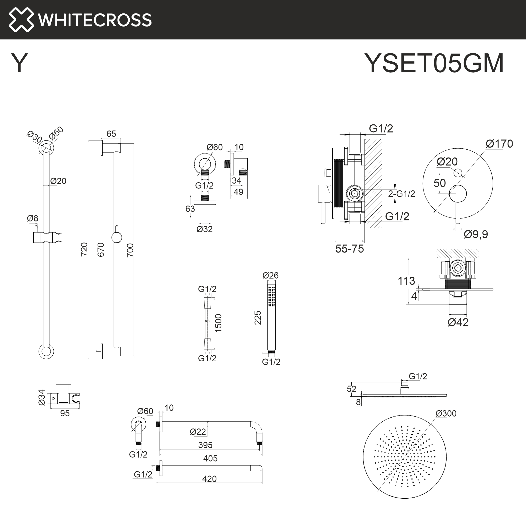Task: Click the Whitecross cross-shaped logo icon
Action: (x=21, y=20)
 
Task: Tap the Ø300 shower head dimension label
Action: (x=446, y=413)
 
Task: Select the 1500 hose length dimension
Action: (x=218, y=323)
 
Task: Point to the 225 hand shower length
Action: (x=257, y=317)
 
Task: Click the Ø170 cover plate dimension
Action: (x=499, y=144)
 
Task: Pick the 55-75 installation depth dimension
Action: (x=349, y=249)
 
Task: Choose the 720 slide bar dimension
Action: (x=84, y=249)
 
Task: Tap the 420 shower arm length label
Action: (x=209, y=479)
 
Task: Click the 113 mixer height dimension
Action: (x=406, y=281)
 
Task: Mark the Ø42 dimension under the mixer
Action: (x=458, y=322)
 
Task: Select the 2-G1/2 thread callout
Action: (x=401, y=194)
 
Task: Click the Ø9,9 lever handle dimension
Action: (x=476, y=234)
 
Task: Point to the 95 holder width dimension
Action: (x=65, y=413)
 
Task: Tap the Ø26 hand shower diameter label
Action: (x=270, y=275)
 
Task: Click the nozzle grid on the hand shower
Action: (x=271, y=296)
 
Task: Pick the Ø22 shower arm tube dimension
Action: (x=198, y=432)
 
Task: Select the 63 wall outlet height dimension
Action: (x=190, y=209)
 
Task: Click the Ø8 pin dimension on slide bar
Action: (x=32, y=218)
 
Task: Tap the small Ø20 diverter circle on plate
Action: (x=458, y=173)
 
